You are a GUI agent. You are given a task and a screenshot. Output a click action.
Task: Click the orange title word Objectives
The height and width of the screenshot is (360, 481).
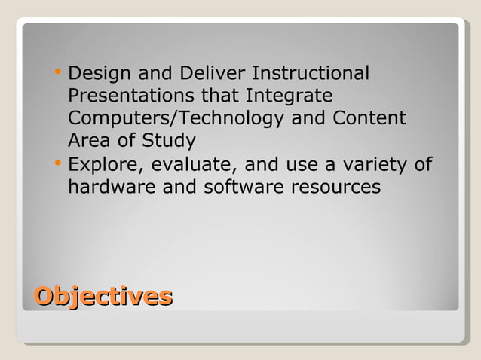(x=103, y=295)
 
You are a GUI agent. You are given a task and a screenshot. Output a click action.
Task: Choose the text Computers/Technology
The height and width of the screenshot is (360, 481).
(x=176, y=119)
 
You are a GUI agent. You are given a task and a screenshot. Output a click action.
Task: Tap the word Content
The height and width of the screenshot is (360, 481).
(x=369, y=119)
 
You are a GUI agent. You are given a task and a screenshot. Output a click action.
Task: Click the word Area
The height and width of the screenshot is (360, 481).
(x=88, y=141)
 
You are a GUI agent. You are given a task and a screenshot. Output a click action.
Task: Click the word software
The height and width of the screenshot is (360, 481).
(x=237, y=186)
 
